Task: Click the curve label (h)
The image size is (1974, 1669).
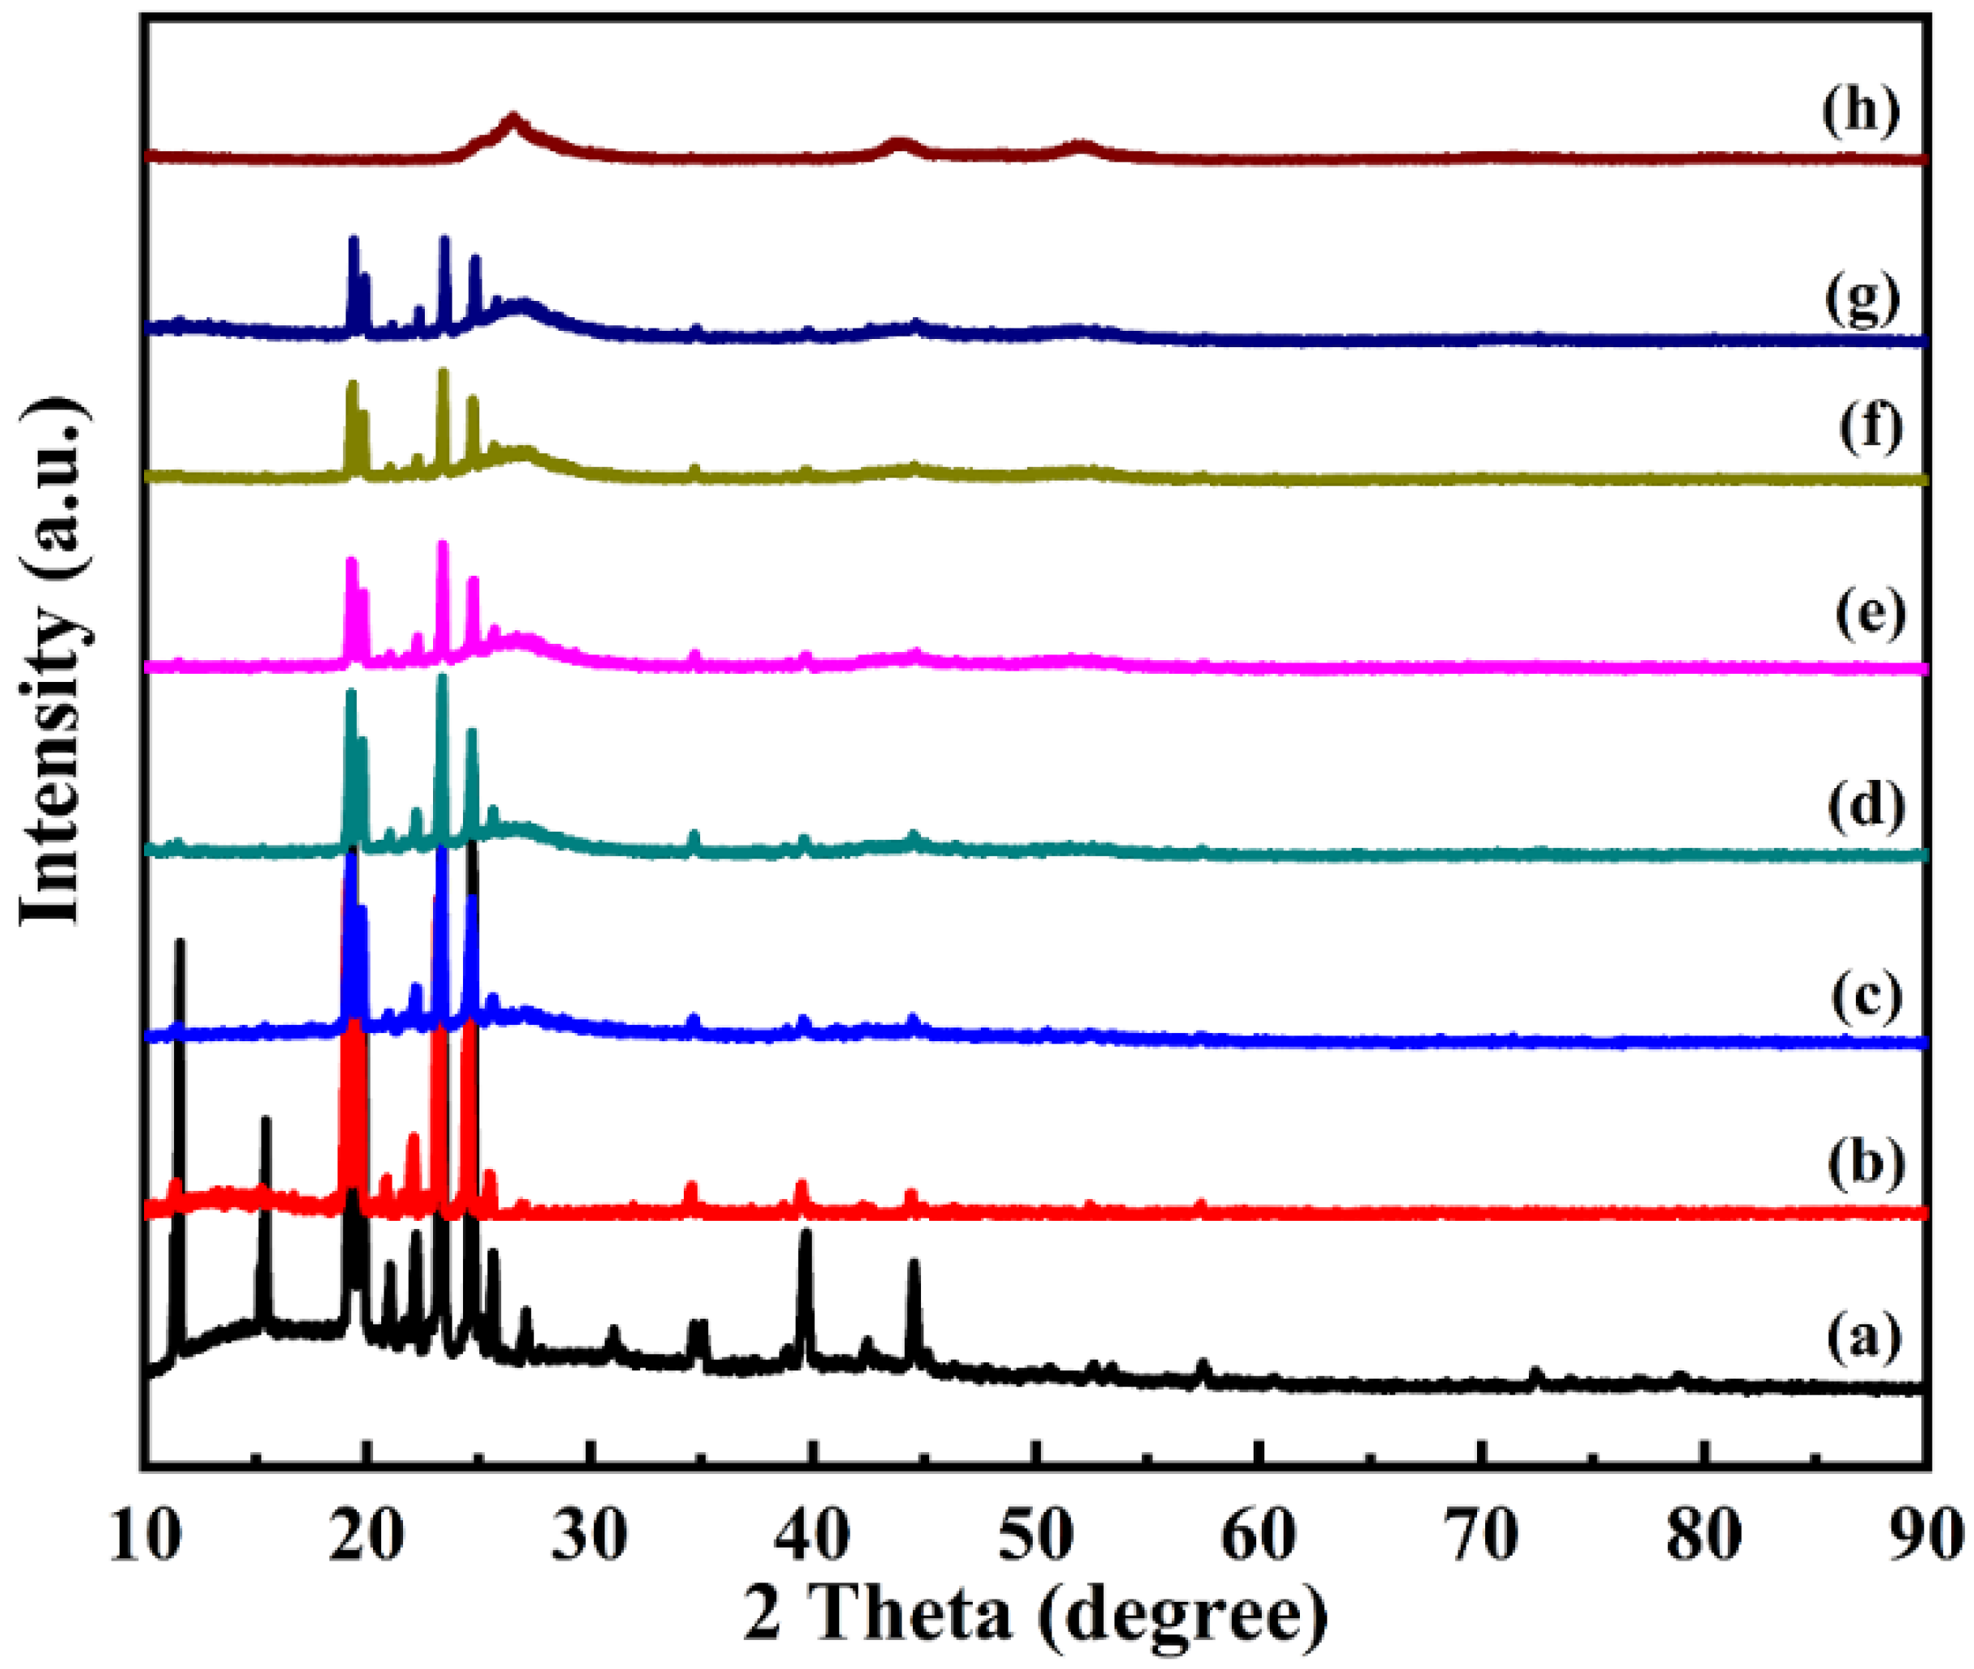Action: click(1860, 112)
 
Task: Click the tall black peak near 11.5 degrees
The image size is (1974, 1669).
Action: click(179, 947)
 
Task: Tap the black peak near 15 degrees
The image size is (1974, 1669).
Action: click(266, 1122)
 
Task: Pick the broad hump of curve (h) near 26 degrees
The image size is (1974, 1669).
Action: click(513, 121)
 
